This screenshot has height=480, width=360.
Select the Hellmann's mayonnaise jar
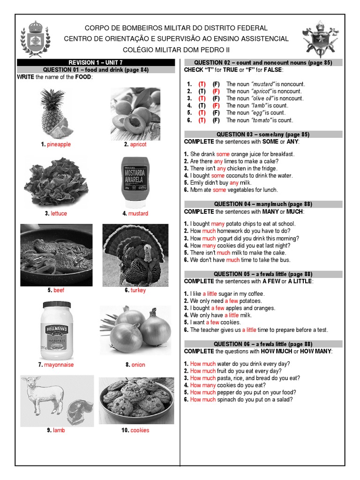click(x=56, y=330)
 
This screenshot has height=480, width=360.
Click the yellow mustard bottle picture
click(x=135, y=182)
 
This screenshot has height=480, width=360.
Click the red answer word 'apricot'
click(x=138, y=144)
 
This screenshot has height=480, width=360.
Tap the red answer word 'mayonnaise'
click(x=59, y=365)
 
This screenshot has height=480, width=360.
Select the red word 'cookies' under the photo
click(x=140, y=430)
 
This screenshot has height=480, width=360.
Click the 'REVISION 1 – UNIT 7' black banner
click(x=96, y=62)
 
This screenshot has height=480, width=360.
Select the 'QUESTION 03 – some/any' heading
click(x=263, y=135)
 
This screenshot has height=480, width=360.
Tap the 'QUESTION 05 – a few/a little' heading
click(x=263, y=274)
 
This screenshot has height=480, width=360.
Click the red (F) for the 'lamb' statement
click(x=216, y=106)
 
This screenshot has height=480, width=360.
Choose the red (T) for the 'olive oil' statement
click(x=202, y=98)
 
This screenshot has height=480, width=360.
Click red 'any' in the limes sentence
click(x=218, y=161)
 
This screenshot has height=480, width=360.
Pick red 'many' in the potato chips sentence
click(x=218, y=224)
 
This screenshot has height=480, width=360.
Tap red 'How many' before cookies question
click(x=203, y=385)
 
